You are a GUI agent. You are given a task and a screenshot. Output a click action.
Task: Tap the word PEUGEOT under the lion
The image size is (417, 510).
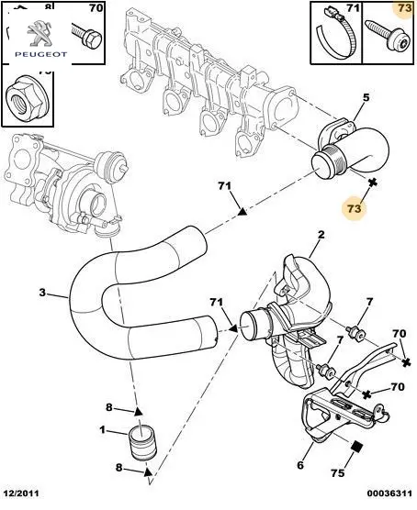41,54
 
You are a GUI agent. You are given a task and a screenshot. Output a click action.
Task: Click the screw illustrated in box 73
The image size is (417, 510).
388,36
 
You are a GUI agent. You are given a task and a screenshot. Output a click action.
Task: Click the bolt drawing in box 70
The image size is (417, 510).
86,35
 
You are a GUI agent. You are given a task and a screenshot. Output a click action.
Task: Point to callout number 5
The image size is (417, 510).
366,97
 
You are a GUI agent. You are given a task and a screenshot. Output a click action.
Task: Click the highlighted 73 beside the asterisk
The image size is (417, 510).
355,208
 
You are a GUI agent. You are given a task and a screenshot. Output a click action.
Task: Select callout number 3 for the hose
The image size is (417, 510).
42,292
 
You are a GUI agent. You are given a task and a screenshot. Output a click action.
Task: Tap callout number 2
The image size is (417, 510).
321,235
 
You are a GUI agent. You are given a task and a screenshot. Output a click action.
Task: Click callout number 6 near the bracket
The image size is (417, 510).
300,465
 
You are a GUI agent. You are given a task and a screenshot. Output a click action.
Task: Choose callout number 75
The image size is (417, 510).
337,472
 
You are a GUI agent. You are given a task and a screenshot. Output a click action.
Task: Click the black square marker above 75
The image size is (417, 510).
357,447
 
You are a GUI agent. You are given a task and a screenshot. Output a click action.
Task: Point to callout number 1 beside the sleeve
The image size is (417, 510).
103,430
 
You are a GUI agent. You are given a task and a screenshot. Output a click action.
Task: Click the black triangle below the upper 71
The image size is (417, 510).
242,212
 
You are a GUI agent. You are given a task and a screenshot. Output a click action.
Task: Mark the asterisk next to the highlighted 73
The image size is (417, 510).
373,183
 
